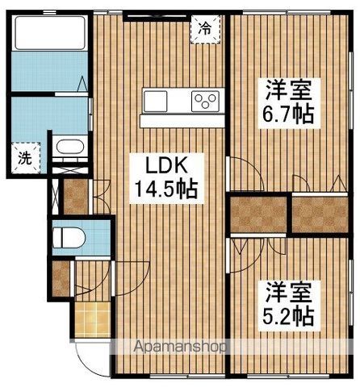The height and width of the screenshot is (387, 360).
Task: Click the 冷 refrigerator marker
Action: [205, 28]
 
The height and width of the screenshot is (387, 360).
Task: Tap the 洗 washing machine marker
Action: [25, 158]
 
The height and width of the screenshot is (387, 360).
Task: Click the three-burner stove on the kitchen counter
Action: [204, 101]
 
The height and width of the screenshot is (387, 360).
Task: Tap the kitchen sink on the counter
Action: [156, 101]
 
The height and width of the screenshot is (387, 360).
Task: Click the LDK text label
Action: [167, 167]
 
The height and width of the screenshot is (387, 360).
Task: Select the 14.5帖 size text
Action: [167, 191]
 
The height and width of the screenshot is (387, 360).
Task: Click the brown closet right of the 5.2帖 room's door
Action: [258, 213]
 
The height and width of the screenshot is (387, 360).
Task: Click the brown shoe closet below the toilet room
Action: [61, 277]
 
